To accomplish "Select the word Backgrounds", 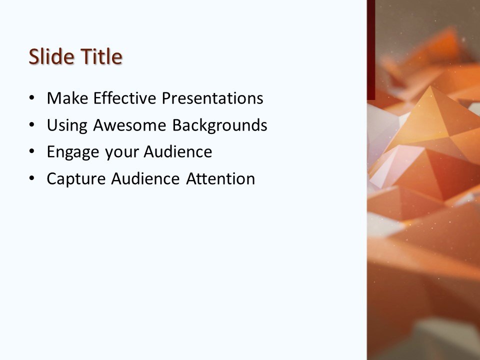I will tap(219, 125).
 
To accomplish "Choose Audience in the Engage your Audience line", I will tap(178, 152).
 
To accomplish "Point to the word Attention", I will tap(220, 178).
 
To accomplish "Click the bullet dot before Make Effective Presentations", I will tap(32, 98).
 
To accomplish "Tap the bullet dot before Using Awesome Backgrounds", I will tap(32, 125).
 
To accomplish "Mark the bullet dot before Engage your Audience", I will tap(32, 152).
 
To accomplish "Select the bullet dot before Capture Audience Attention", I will tap(32, 178).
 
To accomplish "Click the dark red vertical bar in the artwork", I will tap(370, 50).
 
